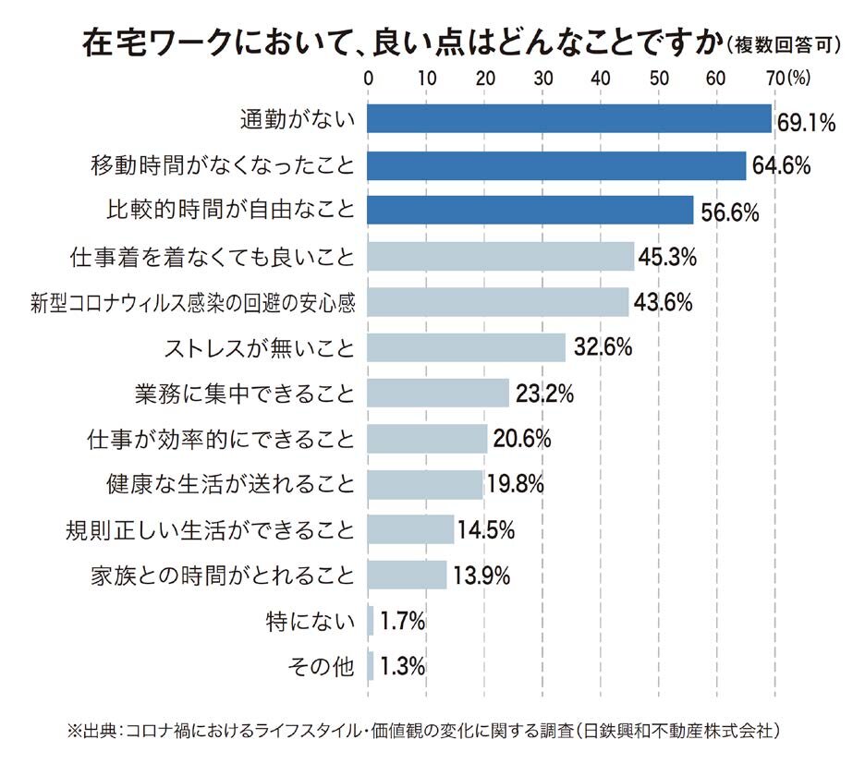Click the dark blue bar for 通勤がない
569,119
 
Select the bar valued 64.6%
556,165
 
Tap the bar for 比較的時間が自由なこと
530,211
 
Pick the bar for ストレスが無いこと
467,347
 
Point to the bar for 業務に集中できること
438,393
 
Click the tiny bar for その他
371,665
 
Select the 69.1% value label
806,122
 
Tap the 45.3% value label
665,257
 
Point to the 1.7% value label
402,621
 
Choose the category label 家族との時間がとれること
222,575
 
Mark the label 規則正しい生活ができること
210,529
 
